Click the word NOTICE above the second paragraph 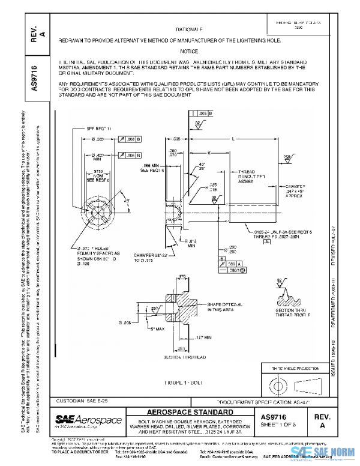pyautogui.click(x=188, y=52)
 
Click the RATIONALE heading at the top pyautogui.click(x=189, y=29)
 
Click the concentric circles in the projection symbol pyautogui.click(x=280, y=384)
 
